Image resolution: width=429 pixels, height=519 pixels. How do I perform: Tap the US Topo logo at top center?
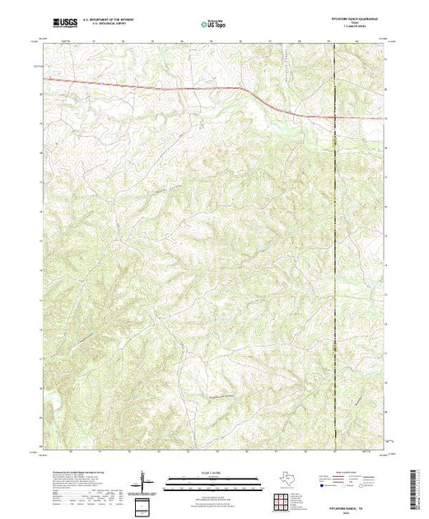pyautogui.click(x=213, y=25)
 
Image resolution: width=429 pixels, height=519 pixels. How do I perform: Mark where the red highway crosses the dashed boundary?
pyautogui.click(x=334, y=117)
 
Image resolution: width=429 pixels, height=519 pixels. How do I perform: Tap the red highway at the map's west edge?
pyautogui.click(x=43, y=79)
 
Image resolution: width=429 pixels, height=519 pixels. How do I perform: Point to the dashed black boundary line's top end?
pyautogui.click(x=334, y=42)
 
